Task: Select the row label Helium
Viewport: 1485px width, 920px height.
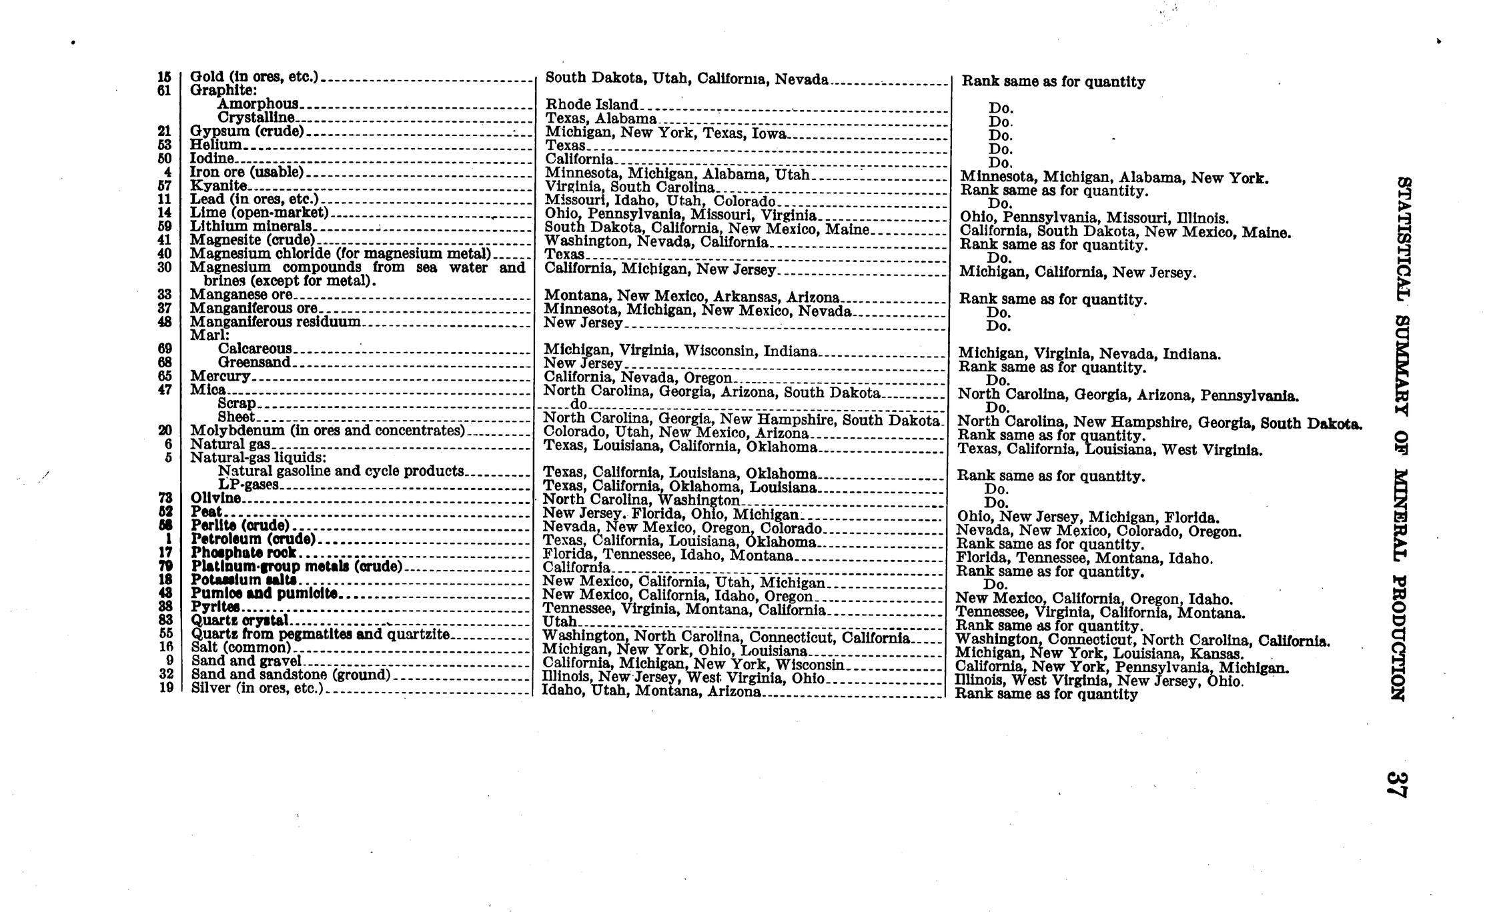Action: point(216,145)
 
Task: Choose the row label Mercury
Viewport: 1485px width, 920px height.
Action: point(220,376)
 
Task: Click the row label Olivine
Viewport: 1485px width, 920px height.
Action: point(216,498)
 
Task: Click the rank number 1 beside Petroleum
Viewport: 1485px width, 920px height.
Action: point(169,539)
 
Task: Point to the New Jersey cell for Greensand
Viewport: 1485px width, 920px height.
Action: point(583,363)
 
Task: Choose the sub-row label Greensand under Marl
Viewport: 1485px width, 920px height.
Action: point(254,363)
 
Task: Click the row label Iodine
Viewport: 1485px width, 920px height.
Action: point(212,159)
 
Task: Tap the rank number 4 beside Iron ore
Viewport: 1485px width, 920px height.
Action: point(168,172)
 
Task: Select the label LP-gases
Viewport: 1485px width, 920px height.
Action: point(248,485)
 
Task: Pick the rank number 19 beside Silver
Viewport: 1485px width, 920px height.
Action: point(166,688)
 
